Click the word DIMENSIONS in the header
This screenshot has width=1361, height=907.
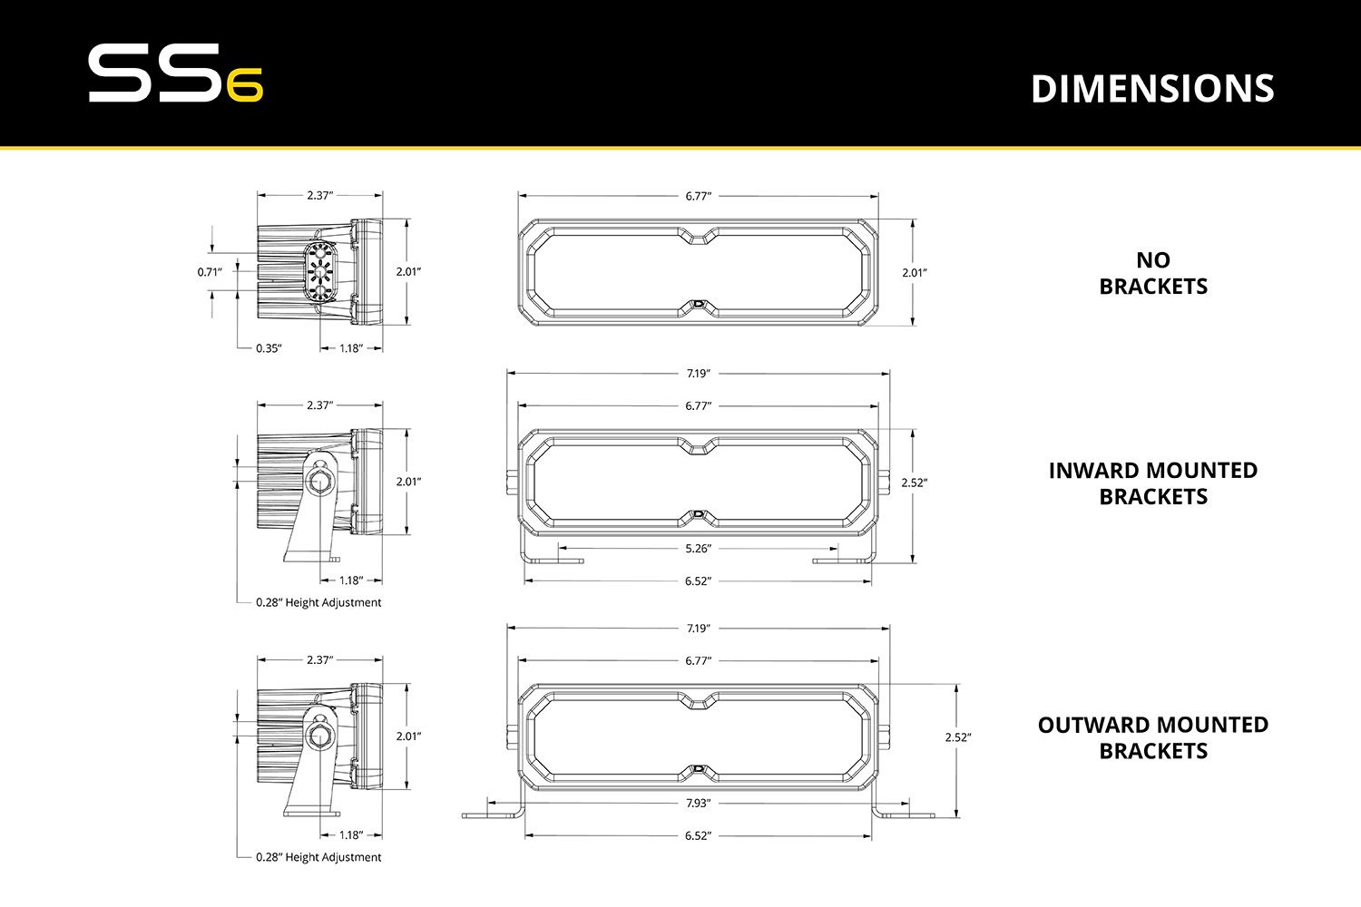pos(1152,89)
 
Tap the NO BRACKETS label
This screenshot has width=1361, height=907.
pos(1153,273)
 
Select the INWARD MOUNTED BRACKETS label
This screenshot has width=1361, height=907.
pos(1153,483)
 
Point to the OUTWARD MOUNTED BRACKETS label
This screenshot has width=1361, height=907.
pos(1153,737)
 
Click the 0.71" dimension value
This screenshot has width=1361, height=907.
pos(210,271)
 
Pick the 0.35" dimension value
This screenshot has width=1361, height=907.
pos(269,348)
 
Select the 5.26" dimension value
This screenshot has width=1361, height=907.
pos(698,549)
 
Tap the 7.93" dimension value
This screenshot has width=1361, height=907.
pos(698,804)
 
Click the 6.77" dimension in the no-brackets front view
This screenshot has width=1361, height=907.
pos(698,196)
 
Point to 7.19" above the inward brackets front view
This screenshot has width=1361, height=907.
pos(698,374)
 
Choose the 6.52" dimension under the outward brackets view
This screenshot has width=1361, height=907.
pos(698,836)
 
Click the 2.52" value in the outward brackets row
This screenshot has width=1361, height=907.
pos(957,737)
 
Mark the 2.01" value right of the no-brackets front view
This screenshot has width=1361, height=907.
pos(915,272)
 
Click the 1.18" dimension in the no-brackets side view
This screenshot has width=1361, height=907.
pos(351,348)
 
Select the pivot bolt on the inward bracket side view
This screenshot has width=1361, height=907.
pos(320,481)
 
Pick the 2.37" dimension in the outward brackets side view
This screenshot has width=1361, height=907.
pos(319,660)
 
